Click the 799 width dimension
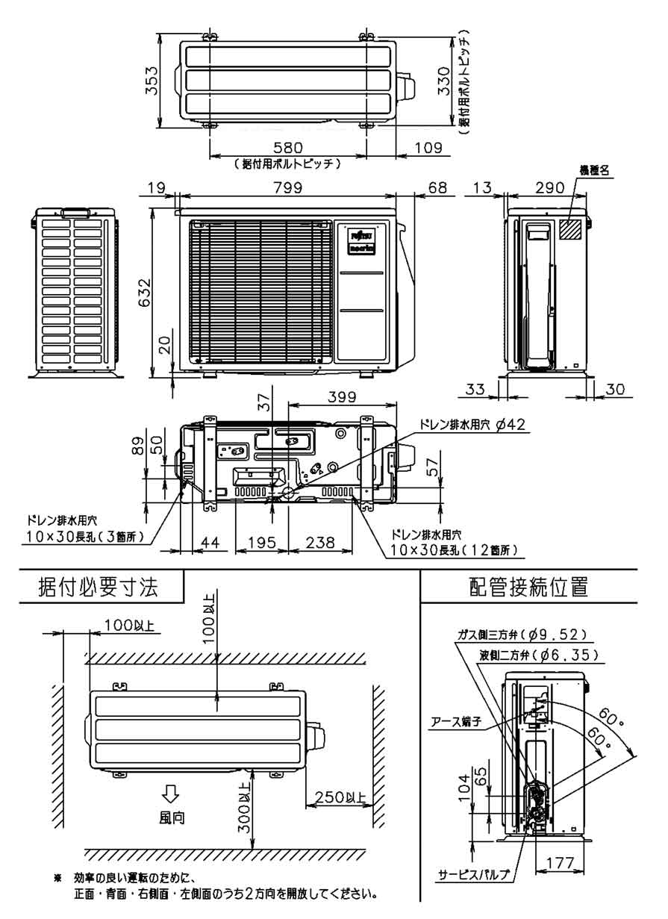click(x=287, y=188)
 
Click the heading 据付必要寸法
click(x=99, y=587)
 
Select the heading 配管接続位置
click(x=529, y=587)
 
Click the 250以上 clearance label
click(x=339, y=797)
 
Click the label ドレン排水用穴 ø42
click(x=472, y=424)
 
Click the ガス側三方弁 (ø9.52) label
click(x=522, y=635)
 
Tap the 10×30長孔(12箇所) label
click(x=453, y=550)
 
